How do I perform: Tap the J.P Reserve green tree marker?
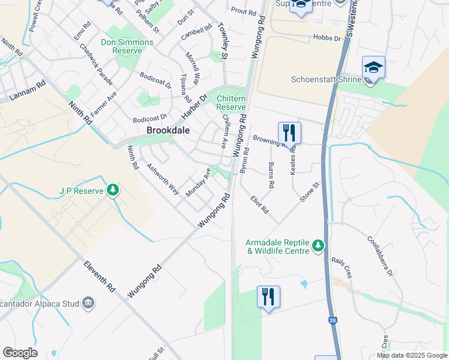(x=112, y=190)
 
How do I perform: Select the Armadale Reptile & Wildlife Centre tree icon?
(x=318, y=245)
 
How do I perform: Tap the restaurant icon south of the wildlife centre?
(x=268, y=296)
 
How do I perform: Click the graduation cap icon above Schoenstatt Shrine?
(x=373, y=67)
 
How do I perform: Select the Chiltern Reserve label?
(x=231, y=103)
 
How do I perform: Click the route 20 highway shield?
(x=333, y=320)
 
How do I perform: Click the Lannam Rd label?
(x=27, y=91)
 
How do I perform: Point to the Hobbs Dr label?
(x=327, y=38)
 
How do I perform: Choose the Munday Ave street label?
(x=199, y=182)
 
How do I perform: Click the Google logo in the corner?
(x=20, y=353)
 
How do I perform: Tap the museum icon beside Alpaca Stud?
(x=88, y=301)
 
